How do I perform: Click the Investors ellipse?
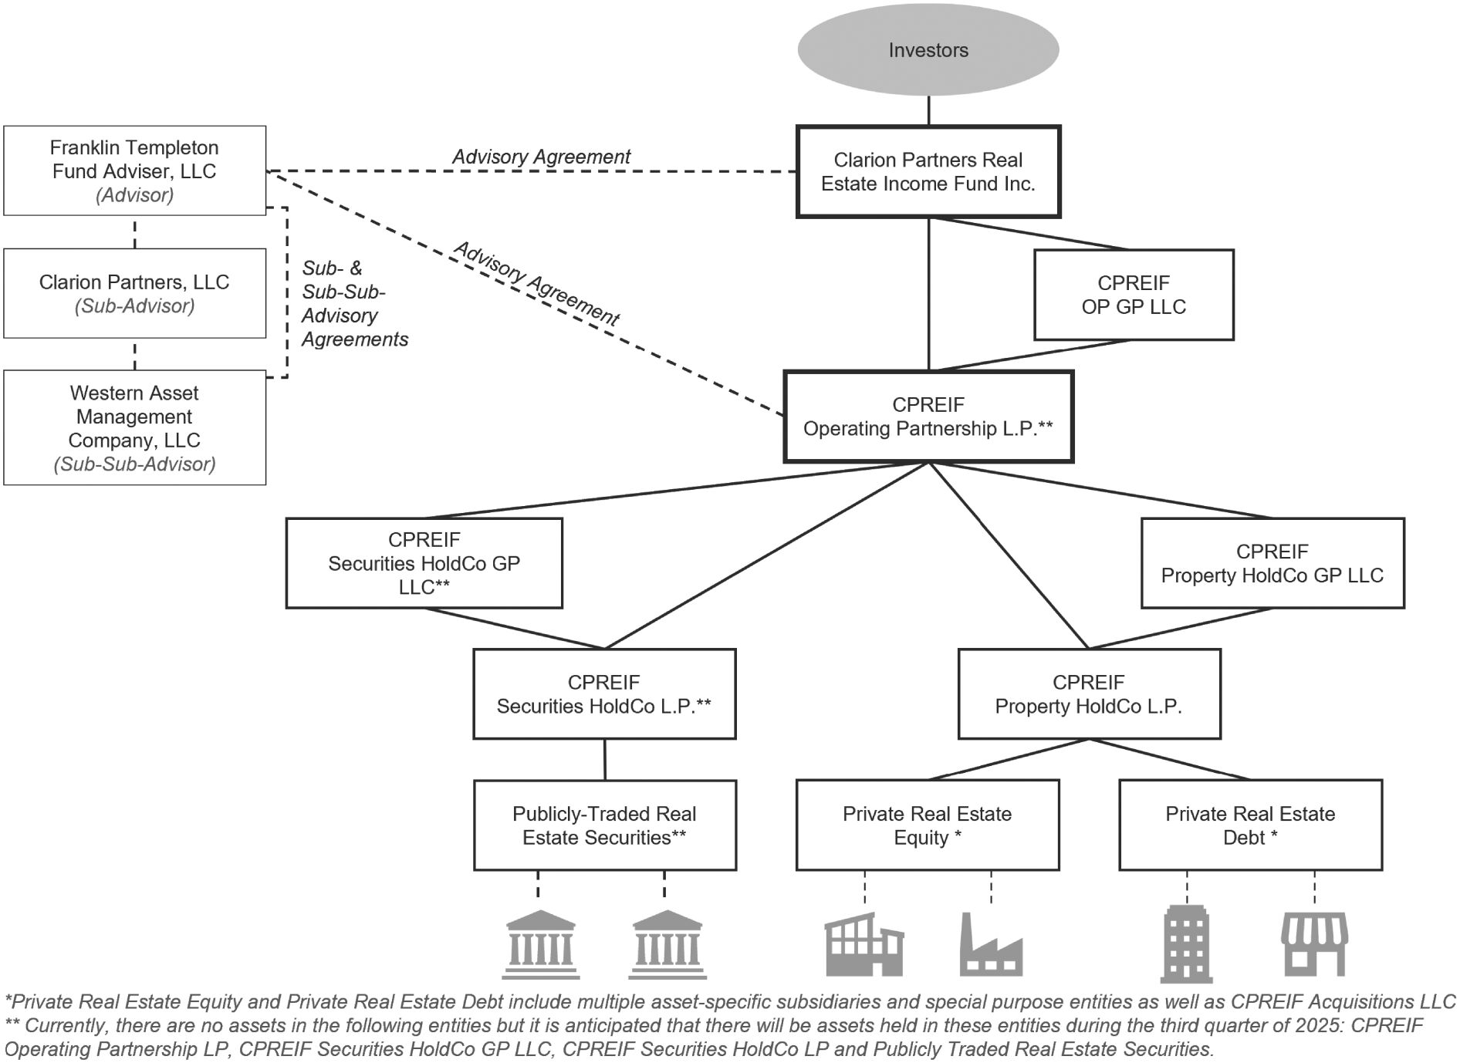[x=928, y=50]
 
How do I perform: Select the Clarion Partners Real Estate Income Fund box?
[x=928, y=171]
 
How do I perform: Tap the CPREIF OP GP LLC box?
[x=1134, y=295]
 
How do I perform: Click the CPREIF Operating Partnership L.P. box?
[x=928, y=417]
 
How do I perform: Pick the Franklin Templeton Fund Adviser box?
[x=135, y=170]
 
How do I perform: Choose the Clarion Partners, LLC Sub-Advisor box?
[x=135, y=293]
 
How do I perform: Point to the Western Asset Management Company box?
[x=135, y=427]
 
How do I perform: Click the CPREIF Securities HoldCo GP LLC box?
[x=424, y=563]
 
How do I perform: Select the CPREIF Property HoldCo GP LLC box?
[x=1272, y=563]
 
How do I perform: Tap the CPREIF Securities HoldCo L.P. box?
[x=604, y=694]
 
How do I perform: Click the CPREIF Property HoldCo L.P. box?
[x=1089, y=694]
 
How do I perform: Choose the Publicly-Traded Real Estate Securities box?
[x=604, y=825]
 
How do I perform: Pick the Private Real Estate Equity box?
[x=928, y=825]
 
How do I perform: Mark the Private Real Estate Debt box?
[x=1250, y=825]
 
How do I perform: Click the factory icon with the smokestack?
[x=991, y=945]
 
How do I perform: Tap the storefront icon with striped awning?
[x=1314, y=945]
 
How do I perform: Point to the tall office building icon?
[x=1186, y=944]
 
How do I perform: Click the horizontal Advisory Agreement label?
[x=541, y=157]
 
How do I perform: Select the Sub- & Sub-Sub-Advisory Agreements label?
[x=354, y=304]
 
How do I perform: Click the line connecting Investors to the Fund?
[x=928, y=110]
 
